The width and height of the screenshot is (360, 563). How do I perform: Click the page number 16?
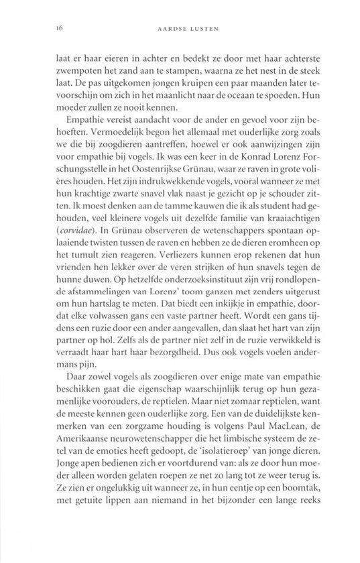42,28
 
